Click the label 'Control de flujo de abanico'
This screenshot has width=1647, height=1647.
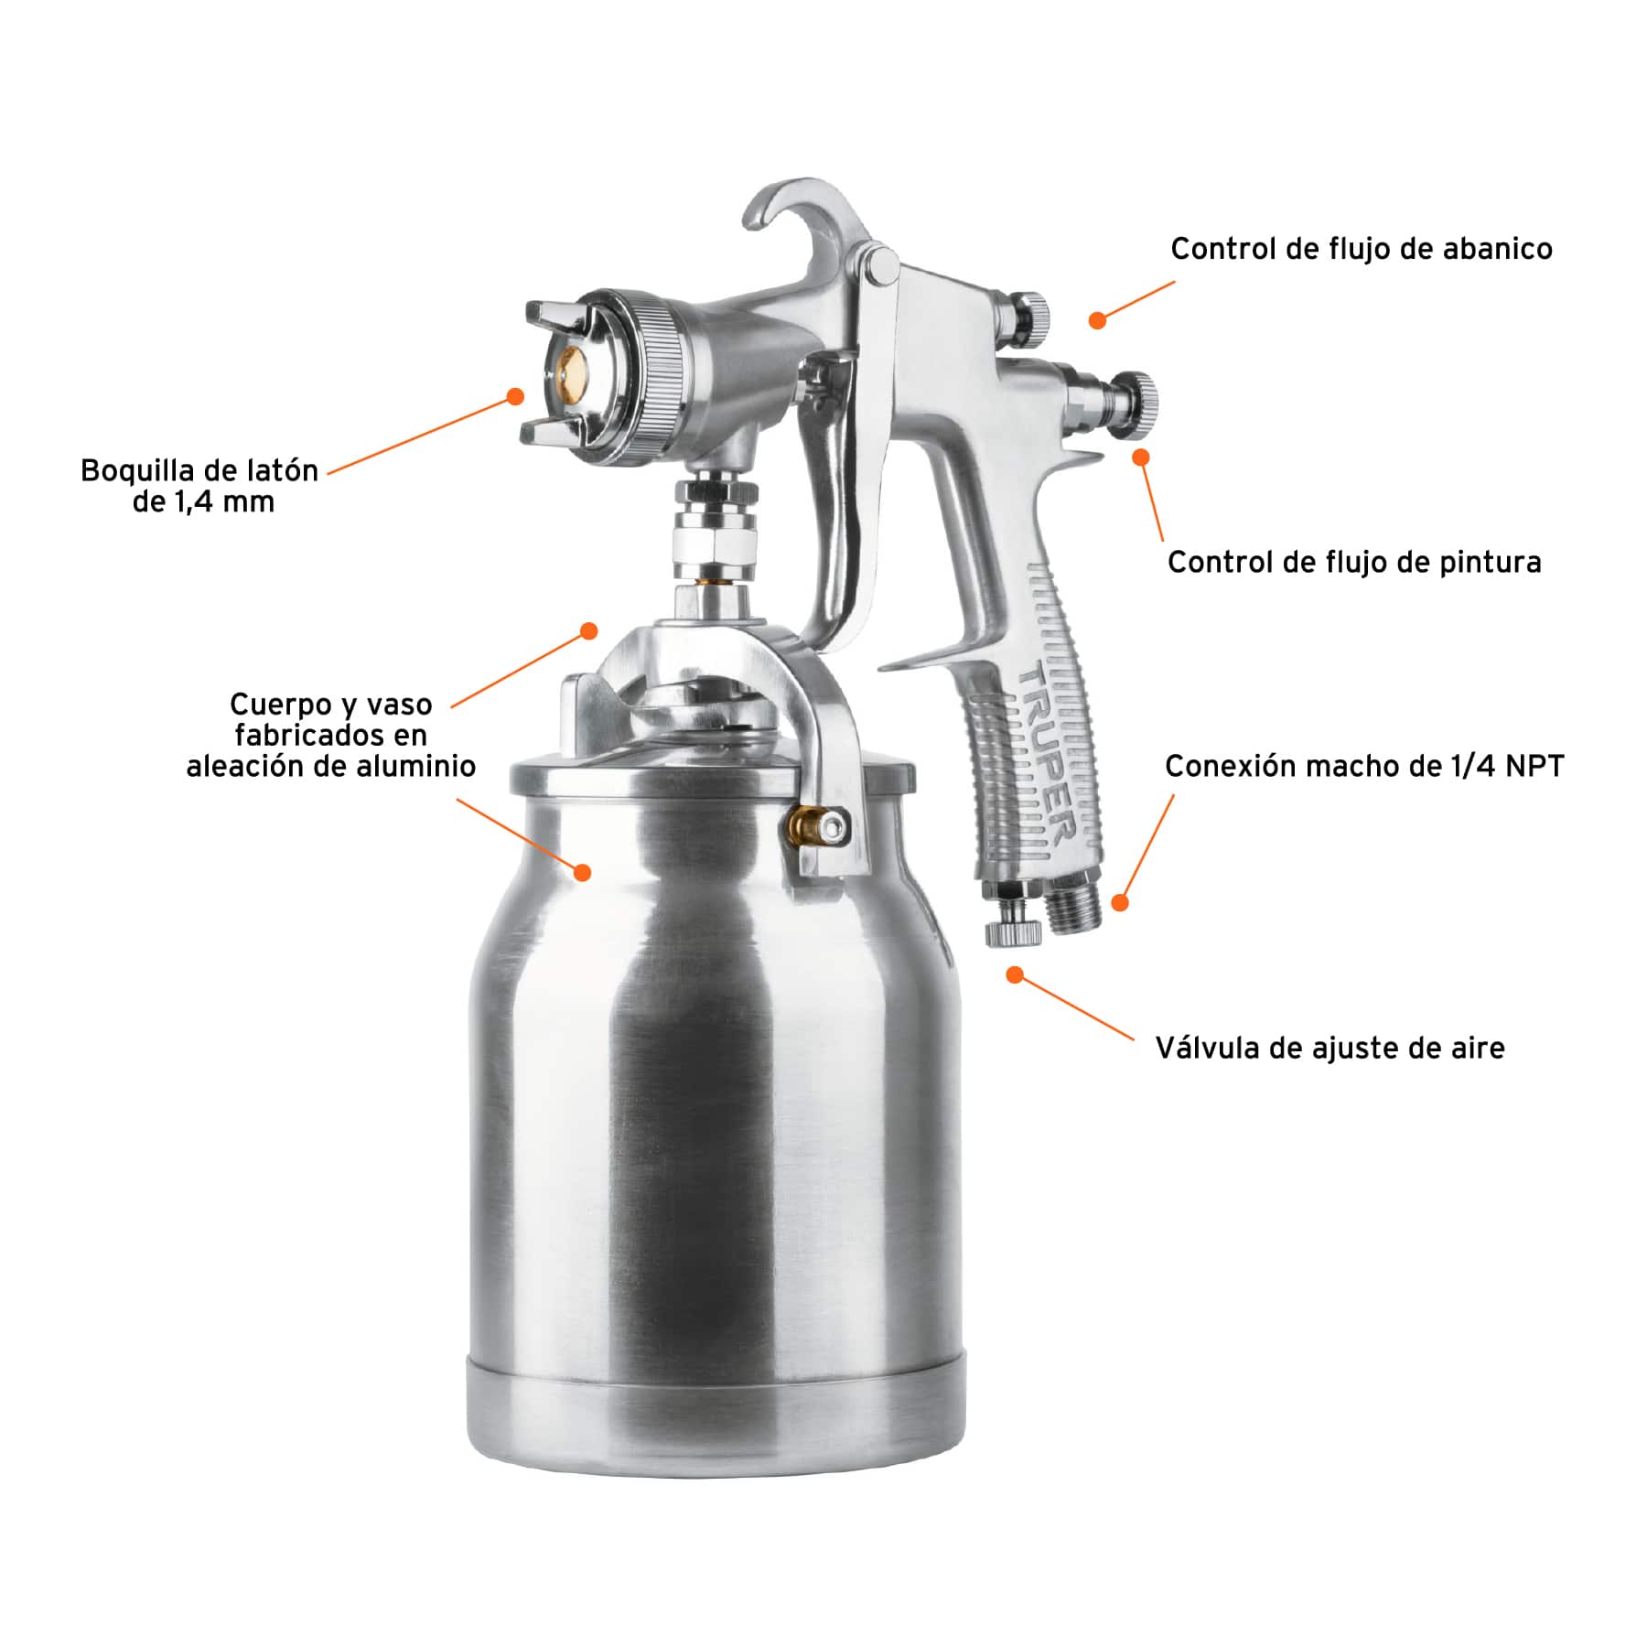1362,249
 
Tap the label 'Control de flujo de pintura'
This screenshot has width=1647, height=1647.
1354,562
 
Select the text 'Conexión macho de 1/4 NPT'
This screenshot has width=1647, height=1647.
1364,766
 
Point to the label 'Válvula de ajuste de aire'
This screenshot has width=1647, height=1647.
1329,1048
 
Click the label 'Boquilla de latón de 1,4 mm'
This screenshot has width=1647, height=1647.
199,486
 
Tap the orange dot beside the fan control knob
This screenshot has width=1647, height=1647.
1097,319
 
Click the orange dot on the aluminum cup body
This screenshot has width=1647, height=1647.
582,871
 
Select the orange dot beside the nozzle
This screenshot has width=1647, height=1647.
515,396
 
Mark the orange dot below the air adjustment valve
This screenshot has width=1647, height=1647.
1014,975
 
